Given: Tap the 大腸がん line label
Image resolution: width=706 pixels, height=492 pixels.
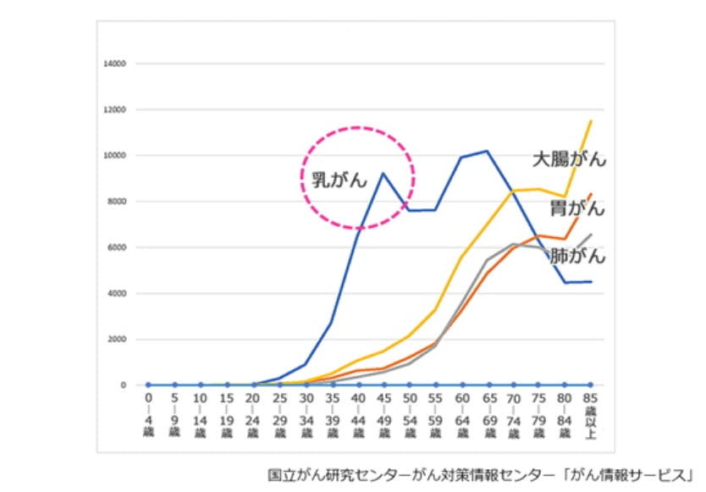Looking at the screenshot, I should coord(569,158).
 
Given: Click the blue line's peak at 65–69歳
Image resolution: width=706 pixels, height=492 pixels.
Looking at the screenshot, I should coord(486,152).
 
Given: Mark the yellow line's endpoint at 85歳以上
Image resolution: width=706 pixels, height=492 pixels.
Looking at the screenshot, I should coord(590,121).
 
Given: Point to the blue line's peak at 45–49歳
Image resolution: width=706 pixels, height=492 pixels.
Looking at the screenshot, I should coord(383,174).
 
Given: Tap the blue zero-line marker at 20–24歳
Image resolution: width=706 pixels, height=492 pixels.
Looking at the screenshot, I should coord(253,385).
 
